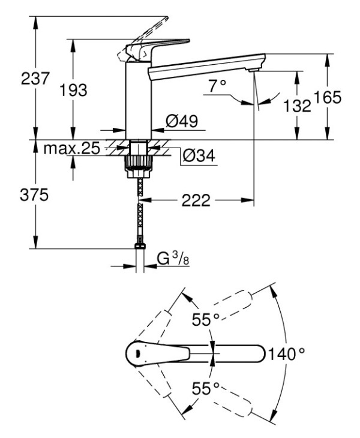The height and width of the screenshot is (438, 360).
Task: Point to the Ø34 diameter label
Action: [x=198, y=156]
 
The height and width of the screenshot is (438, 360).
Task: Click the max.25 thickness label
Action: [x=71, y=148]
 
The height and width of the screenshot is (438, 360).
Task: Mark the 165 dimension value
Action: [x=328, y=97]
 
